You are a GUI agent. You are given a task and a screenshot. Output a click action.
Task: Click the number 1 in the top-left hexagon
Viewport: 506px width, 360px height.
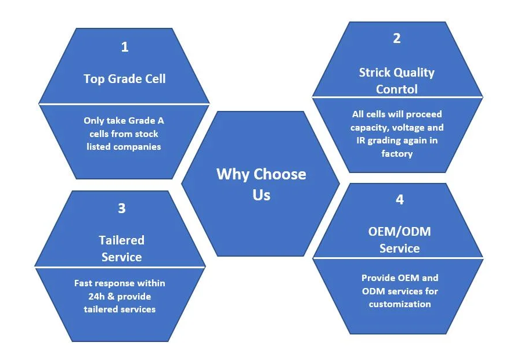[x=124, y=47]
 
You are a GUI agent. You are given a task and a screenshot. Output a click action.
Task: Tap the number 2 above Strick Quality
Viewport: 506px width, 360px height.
[x=397, y=38]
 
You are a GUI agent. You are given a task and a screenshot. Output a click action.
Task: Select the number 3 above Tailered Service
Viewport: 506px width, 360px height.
[x=121, y=208]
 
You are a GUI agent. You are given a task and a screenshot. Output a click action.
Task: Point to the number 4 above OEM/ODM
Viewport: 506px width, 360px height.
[x=399, y=200]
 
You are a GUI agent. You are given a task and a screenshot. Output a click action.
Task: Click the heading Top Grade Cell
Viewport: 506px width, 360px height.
[x=124, y=78]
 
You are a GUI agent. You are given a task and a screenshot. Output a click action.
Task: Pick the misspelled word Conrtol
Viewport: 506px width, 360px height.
[x=397, y=89]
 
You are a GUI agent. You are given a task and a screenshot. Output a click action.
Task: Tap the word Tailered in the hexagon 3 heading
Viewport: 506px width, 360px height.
[x=121, y=240]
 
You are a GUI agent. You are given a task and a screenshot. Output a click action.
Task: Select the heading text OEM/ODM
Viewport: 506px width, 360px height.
[x=399, y=232]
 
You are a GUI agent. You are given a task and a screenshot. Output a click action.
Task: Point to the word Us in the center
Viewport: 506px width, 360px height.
[x=261, y=195]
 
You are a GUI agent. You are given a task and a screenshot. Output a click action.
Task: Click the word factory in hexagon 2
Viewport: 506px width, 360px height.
[x=397, y=153]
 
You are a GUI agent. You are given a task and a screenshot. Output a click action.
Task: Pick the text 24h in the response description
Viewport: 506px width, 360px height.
[x=91, y=296]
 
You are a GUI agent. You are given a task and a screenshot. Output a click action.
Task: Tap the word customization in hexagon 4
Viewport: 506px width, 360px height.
[x=400, y=304]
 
